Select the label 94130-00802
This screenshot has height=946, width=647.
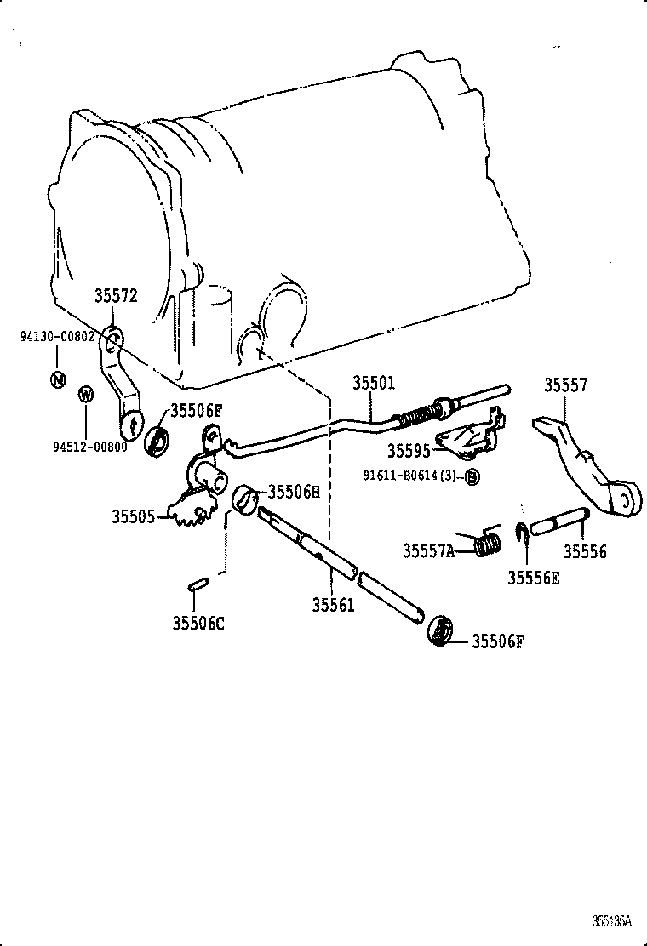click(56, 337)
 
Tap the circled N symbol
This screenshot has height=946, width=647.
click(57, 379)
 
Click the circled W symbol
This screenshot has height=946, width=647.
click(85, 394)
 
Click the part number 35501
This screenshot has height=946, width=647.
click(374, 383)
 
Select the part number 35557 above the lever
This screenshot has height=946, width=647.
click(565, 385)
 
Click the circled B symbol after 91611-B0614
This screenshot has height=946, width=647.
click(472, 476)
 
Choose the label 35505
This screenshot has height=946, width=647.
click(133, 516)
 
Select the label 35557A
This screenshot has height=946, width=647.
click(428, 551)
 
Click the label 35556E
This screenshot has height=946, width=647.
click(534, 578)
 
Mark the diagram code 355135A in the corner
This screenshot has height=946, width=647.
click(613, 920)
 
